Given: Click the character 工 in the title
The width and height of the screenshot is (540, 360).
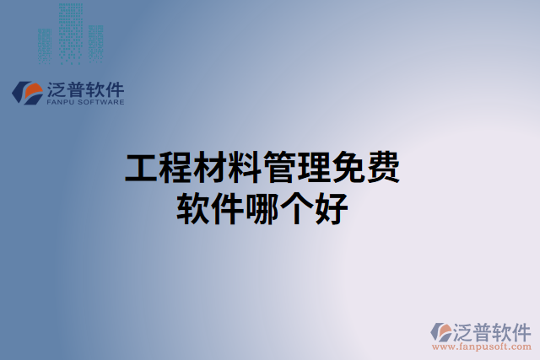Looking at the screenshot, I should [x=142, y=169].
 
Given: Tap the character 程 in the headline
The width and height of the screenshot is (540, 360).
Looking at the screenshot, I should [x=176, y=169].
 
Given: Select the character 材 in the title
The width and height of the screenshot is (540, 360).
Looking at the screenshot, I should [x=211, y=169].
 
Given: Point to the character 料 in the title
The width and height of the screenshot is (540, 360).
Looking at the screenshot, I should [x=246, y=169].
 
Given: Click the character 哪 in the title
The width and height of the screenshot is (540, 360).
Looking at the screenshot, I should [x=262, y=208].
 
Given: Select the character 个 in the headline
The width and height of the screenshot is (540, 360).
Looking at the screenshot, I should [x=297, y=208].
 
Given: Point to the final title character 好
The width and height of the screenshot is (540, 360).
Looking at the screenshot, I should [x=332, y=208].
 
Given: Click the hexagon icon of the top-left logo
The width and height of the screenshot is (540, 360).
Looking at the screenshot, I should [x=30, y=93].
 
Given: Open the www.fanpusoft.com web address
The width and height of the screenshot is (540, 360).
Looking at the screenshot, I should [x=482, y=346].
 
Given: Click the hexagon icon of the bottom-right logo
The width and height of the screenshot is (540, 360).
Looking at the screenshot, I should [x=442, y=331].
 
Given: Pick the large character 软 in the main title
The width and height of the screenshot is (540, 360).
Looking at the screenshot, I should [x=193, y=208].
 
